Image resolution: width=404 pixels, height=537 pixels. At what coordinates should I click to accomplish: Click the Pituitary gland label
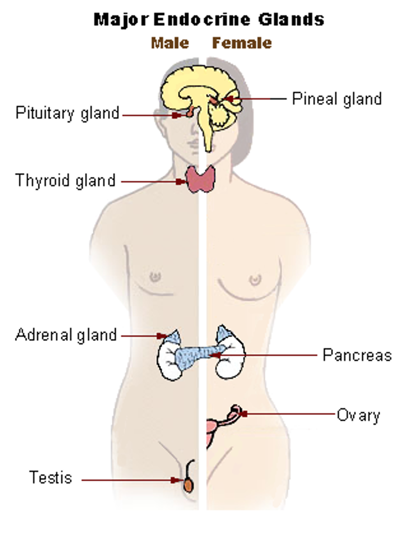[67, 113]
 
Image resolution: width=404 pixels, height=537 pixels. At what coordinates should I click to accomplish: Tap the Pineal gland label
[337, 99]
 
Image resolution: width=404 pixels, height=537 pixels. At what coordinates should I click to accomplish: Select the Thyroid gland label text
[65, 181]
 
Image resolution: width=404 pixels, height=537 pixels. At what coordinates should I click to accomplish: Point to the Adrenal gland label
[66, 335]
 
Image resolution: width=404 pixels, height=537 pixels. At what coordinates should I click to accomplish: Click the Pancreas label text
[357, 355]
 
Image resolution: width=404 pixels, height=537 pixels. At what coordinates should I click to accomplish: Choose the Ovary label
[358, 415]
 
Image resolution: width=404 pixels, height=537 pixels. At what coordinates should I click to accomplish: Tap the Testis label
[51, 478]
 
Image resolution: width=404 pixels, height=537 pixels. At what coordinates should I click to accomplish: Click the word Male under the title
[170, 43]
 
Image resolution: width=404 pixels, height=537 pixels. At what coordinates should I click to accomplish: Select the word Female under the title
[242, 43]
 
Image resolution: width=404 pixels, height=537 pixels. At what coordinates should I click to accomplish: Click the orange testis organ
[189, 485]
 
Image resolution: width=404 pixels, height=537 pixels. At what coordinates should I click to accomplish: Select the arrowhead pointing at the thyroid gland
[181, 182]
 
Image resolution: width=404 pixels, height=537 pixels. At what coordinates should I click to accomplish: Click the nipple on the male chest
[155, 277]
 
